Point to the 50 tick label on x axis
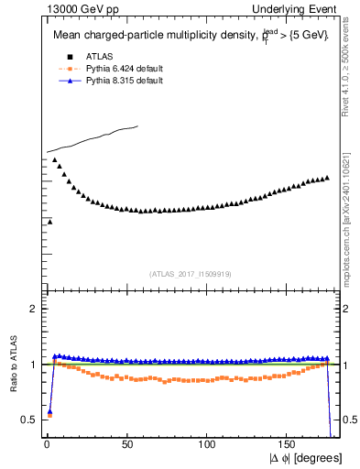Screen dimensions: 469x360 [126, 445]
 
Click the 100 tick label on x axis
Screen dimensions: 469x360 [208, 445]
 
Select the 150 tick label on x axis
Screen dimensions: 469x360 [289, 445]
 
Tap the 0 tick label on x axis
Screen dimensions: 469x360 [47, 445]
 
